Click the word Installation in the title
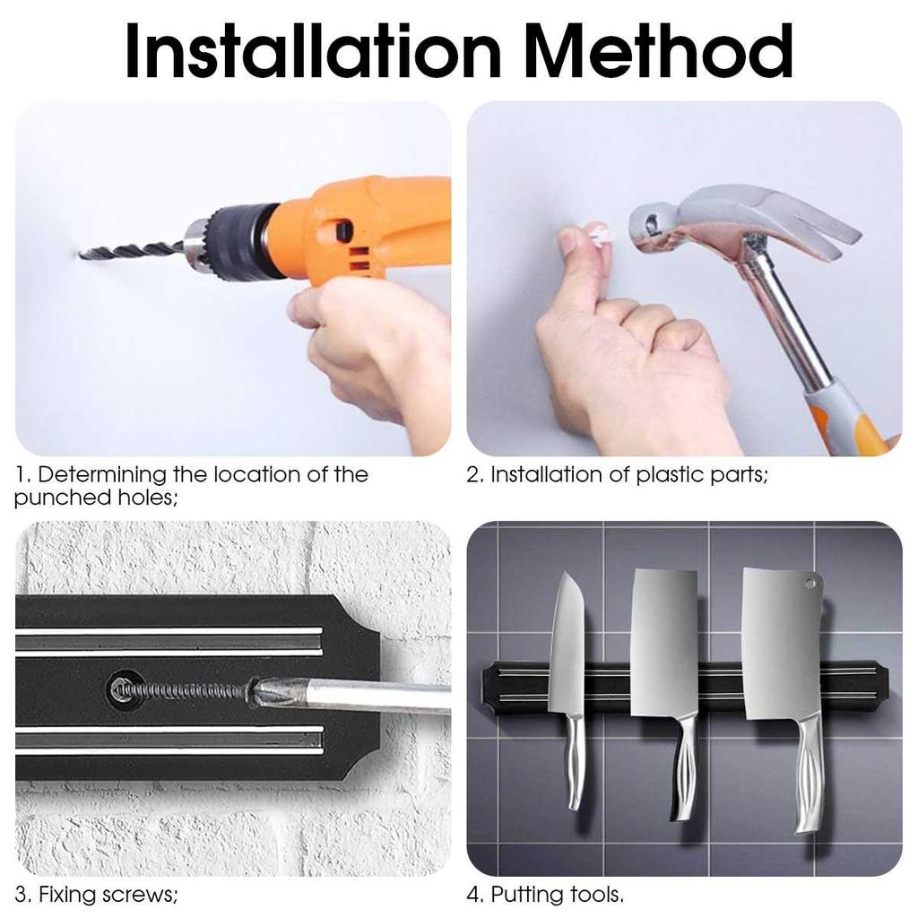(313, 50)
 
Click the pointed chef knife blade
(567, 644)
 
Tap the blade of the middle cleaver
(663, 642)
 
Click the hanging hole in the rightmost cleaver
(810, 584)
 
